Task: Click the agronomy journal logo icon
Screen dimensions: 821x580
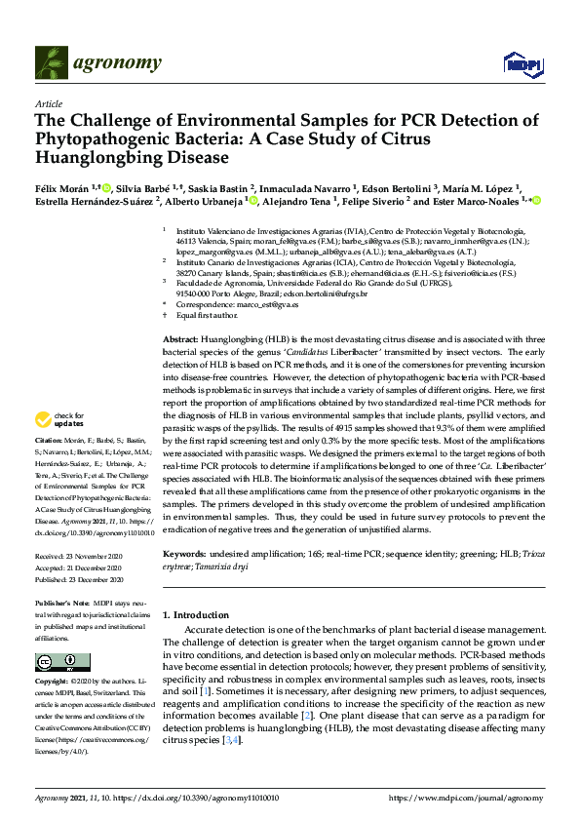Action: [52, 63]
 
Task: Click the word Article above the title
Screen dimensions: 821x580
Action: [48, 103]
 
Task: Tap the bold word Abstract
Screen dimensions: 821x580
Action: [181, 335]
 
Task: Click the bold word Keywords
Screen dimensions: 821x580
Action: [183, 554]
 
